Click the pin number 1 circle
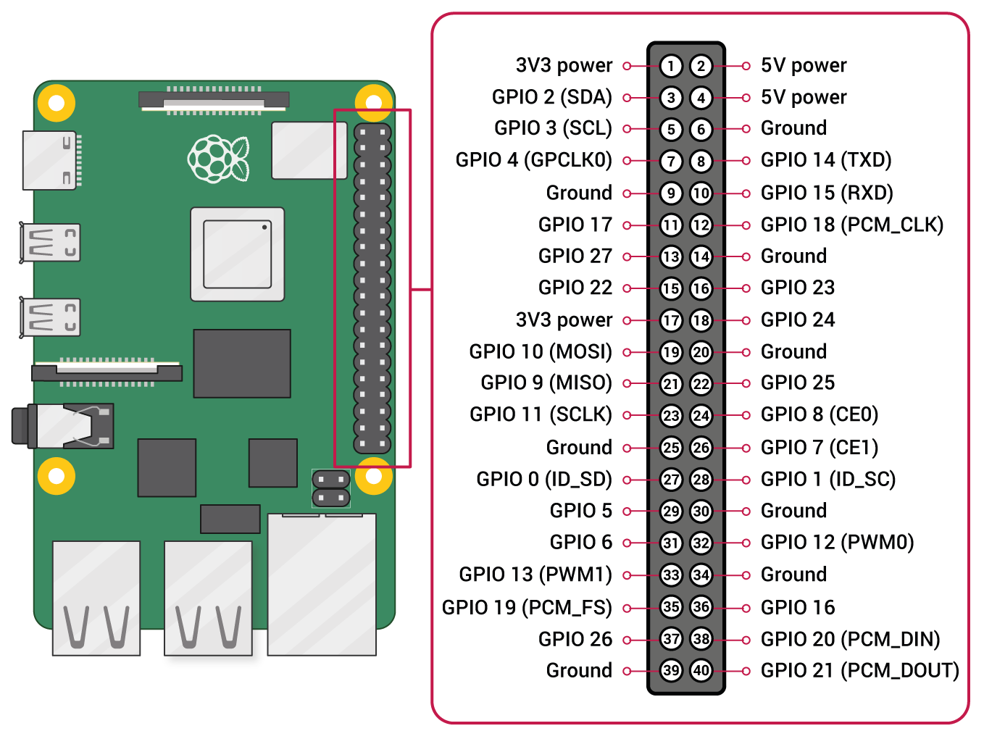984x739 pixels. pos(671,66)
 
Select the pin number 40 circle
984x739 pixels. pos(701,670)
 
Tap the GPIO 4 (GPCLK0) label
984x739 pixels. pos(533,160)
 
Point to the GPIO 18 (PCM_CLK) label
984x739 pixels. pos(851,225)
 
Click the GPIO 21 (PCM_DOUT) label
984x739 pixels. pos(859,671)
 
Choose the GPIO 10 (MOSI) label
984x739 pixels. pos(541,352)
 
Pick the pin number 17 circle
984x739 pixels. pos(671,320)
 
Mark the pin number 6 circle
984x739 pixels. pos(701,130)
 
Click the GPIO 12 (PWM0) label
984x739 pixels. pos(837,543)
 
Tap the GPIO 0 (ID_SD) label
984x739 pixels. pos(544,480)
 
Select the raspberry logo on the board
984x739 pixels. pos(218,159)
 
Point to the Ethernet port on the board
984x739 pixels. pos(322,584)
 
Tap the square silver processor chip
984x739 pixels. pos(238,254)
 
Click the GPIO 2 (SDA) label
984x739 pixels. pos(551,97)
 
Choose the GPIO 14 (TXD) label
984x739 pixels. pos(826,160)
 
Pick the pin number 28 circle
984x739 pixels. pos(701,480)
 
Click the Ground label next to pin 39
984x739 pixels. pos(579,671)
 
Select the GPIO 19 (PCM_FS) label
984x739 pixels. pos(527,607)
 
